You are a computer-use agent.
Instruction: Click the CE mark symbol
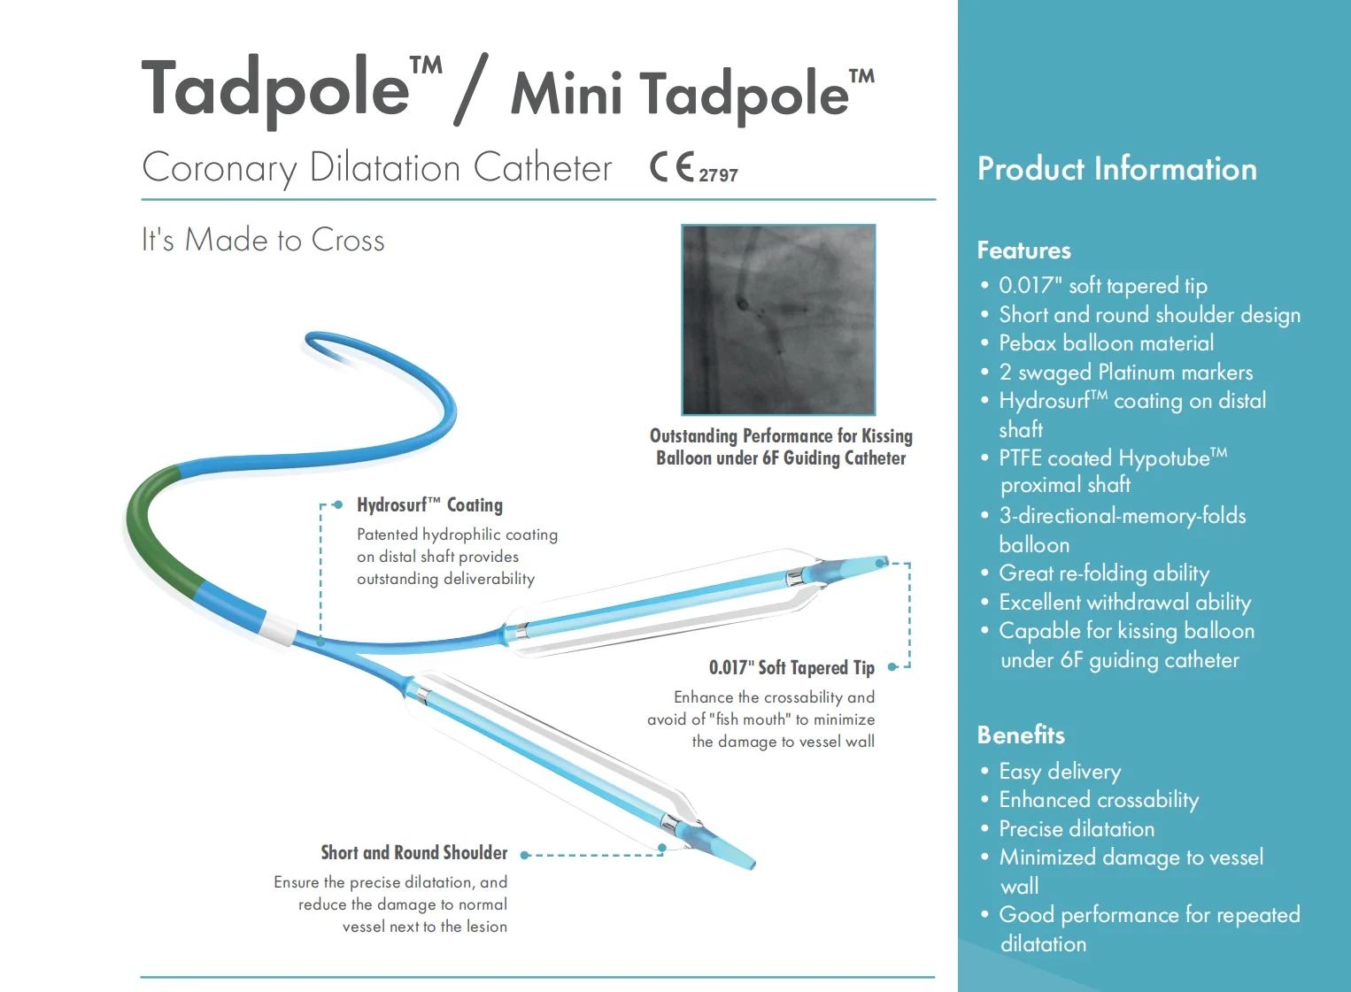(672, 166)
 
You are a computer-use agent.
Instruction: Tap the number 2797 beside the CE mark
(718, 175)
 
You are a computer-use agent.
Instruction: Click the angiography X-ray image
(778, 319)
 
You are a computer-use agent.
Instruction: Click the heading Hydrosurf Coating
(429, 505)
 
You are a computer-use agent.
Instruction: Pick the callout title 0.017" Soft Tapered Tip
(791, 667)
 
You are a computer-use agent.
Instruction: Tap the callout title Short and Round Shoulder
(413, 853)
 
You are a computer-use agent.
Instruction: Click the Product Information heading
(1116, 169)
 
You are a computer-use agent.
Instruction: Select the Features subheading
(1023, 250)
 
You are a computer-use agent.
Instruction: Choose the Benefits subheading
(1021, 735)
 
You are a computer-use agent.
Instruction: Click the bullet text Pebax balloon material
(1106, 343)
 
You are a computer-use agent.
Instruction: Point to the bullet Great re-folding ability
(1103, 573)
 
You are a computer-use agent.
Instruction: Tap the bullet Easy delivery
(1060, 772)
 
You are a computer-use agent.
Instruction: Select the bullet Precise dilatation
(1077, 829)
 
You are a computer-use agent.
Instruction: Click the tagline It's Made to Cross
(263, 240)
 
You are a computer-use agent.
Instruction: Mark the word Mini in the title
(567, 94)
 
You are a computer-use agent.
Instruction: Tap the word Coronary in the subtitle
(219, 168)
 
